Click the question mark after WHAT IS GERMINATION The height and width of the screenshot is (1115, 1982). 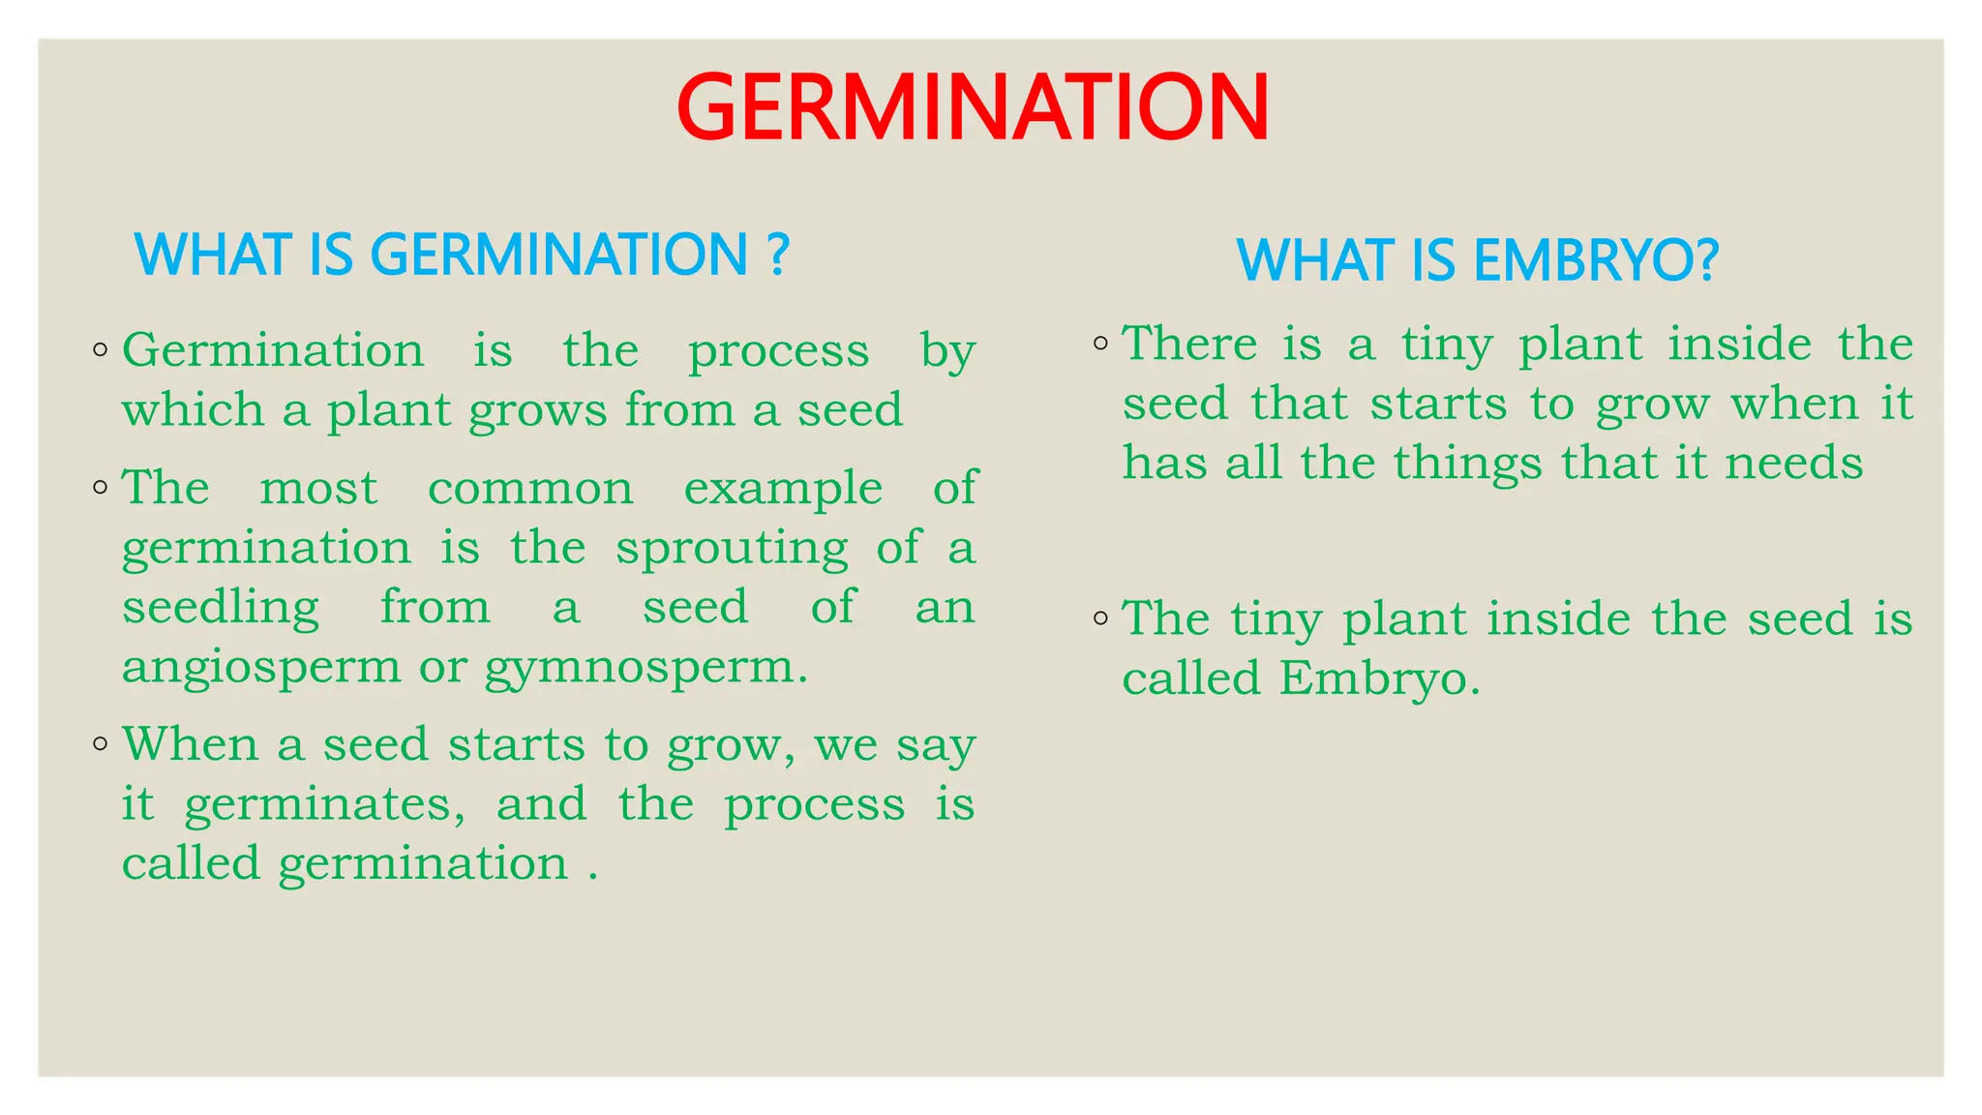(x=778, y=255)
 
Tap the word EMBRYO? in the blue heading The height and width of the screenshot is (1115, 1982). (x=1597, y=260)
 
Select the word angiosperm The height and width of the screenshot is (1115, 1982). (x=261, y=669)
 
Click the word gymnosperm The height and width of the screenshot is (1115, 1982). (x=645, y=669)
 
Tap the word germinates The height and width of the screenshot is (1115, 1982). (x=324, y=805)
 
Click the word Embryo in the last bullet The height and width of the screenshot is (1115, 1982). (x=1379, y=679)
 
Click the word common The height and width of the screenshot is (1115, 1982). (x=530, y=489)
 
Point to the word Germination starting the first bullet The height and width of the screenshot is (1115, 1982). (x=273, y=350)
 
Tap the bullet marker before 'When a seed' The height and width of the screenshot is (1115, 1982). (x=101, y=744)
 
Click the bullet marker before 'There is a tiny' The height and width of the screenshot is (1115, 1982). (x=1100, y=344)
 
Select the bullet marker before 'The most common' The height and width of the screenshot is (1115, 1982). (x=101, y=487)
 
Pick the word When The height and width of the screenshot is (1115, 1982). (x=191, y=745)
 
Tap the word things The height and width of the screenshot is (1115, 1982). (x=1467, y=464)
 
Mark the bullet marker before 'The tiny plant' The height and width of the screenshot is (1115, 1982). (x=1100, y=618)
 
